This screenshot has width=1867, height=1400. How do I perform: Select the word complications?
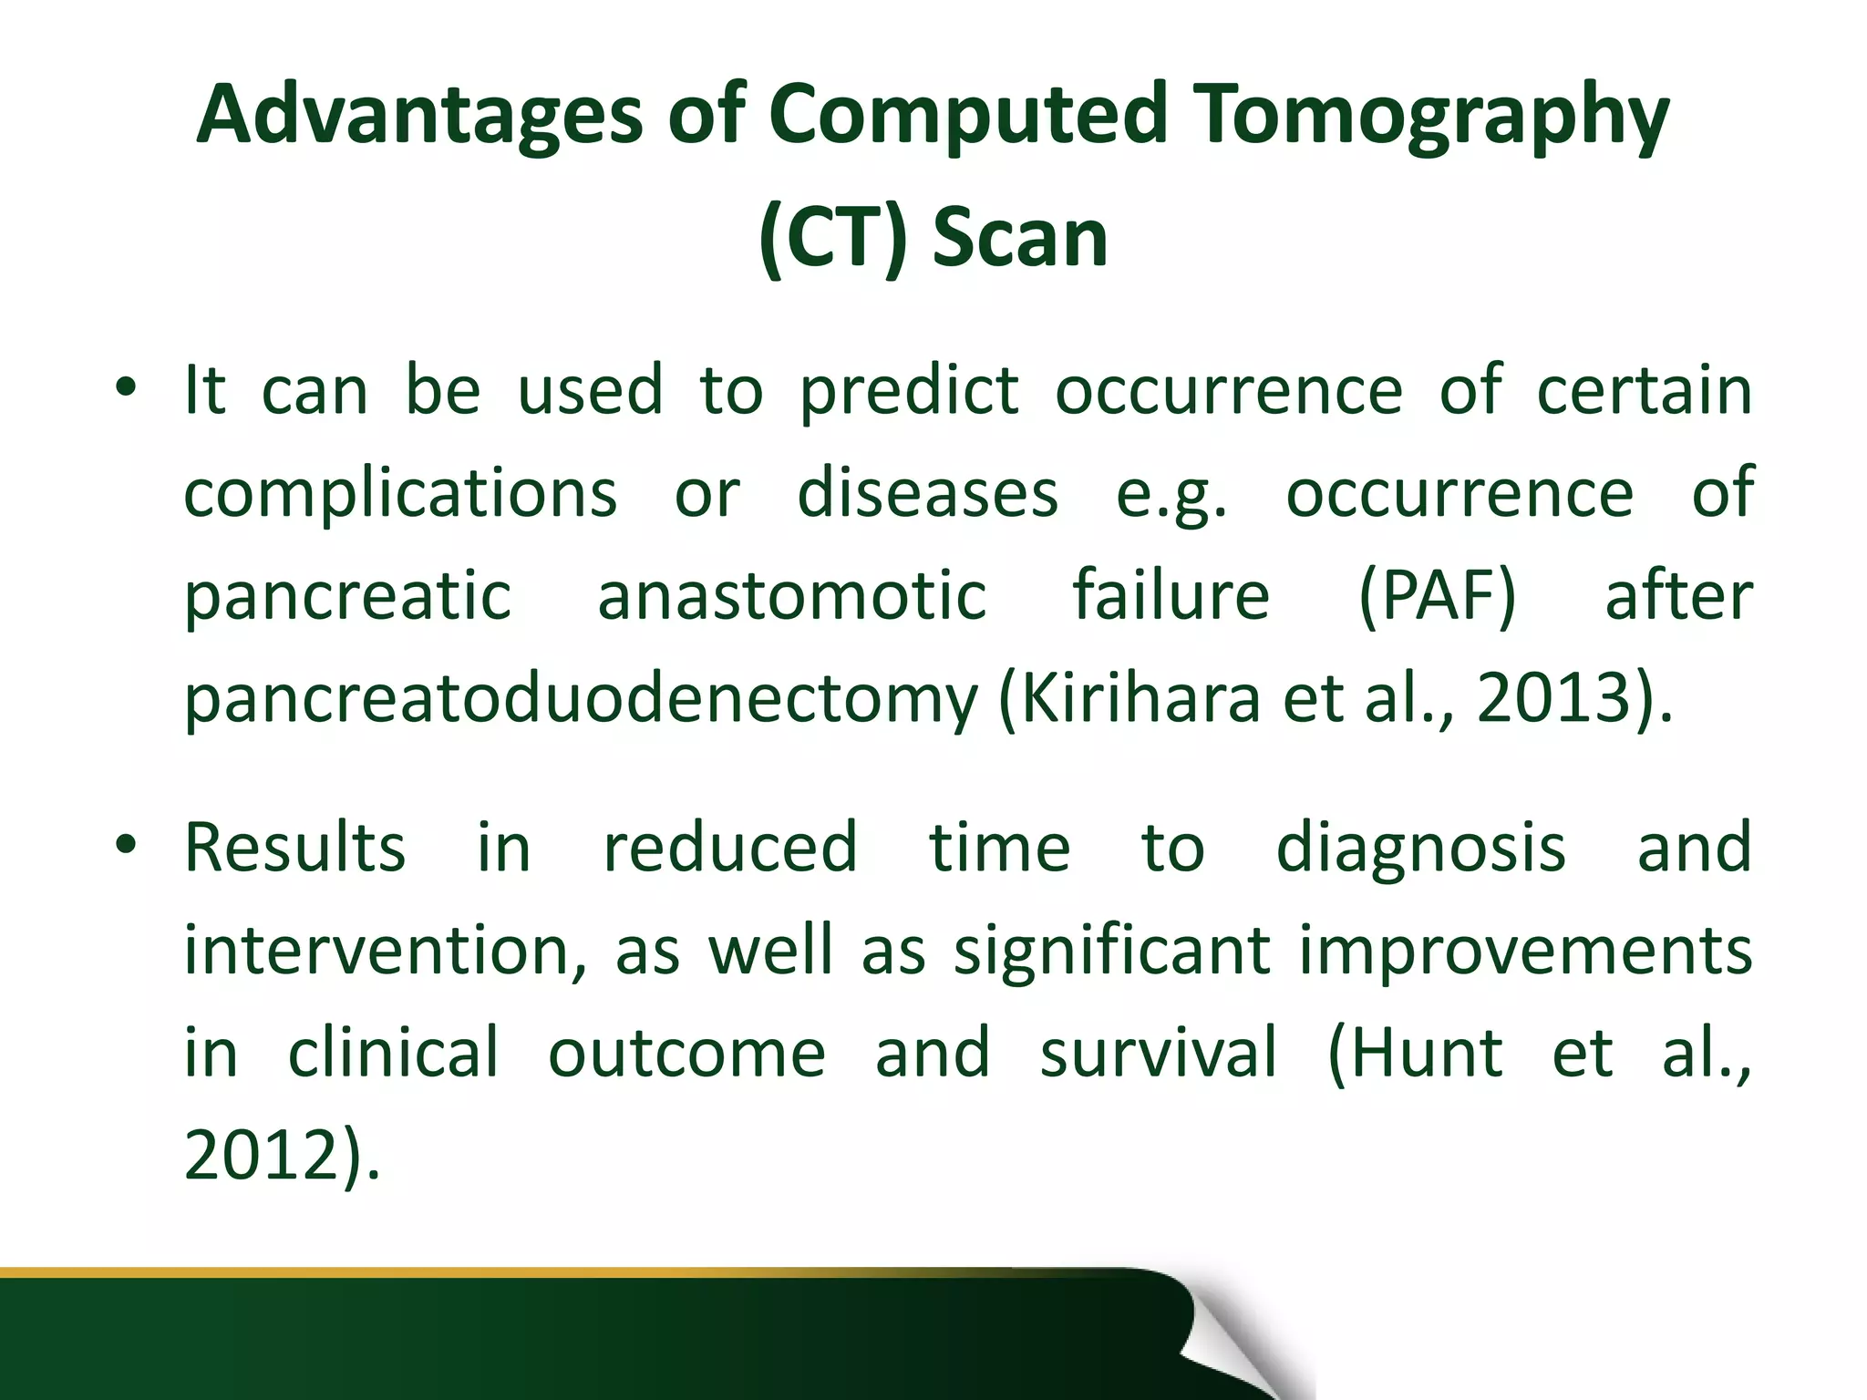coord(400,494)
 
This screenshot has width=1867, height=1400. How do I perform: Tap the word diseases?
coord(927,494)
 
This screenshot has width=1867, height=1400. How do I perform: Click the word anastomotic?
coord(791,597)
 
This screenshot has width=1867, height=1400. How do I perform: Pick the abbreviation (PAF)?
coord(1437,597)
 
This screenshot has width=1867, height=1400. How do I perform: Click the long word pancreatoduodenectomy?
coord(581,700)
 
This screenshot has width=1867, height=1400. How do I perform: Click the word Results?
coord(294,849)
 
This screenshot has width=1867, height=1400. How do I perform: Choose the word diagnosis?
coord(1420,849)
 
